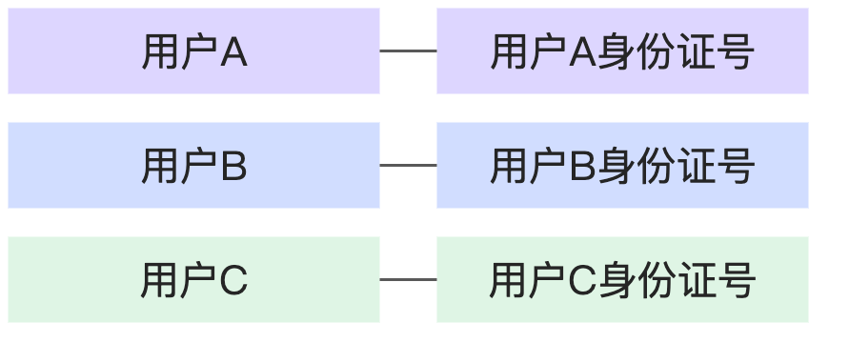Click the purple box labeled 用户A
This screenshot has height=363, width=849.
click(193, 51)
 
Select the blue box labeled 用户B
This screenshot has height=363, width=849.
click(193, 166)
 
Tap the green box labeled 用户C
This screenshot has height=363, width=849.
click(193, 280)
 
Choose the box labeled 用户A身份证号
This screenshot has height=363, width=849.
click(622, 51)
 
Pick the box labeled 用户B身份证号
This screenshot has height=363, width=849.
click(622, 166)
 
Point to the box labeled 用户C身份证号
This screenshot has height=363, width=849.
click(622, 280)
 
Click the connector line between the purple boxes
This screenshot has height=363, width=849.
click(408, 51)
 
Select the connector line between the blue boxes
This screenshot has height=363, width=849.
click(408, 166)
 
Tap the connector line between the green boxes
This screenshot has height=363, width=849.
click(408, 280)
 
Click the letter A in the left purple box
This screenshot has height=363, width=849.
click(234, 53)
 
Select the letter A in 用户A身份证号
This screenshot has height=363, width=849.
click(583, 53)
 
